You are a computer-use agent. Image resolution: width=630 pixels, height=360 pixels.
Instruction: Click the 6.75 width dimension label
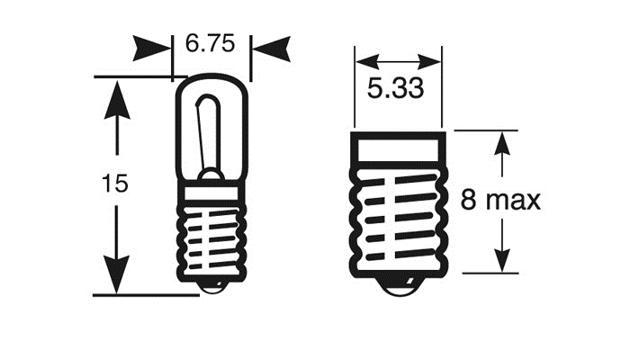211,42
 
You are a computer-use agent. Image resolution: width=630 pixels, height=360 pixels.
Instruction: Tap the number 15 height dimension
115,184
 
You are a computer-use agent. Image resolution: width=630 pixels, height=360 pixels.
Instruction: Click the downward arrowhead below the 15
115,274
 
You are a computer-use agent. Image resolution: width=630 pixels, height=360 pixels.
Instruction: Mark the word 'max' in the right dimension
521,200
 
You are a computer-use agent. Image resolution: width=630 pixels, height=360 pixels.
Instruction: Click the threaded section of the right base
397,220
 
